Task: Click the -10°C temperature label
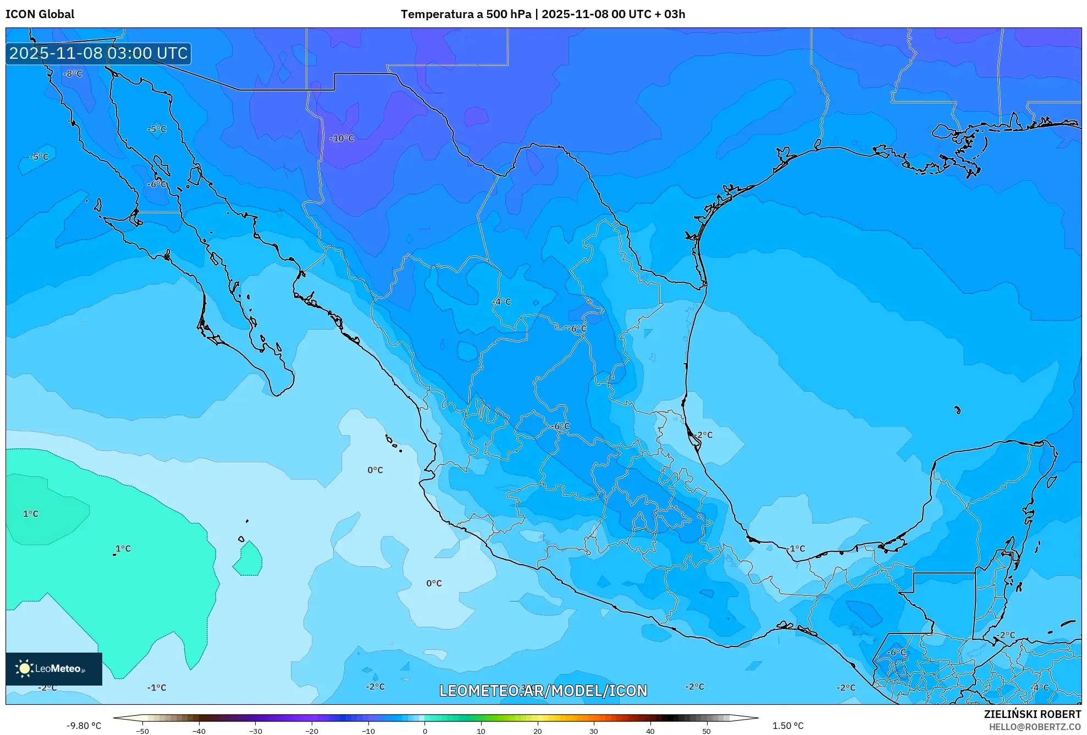(x=342, y=138)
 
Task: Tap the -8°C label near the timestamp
(x=73, y=74)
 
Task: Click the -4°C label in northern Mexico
(x=502, y=302)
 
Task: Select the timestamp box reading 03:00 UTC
(x=99, y=53)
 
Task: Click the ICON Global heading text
(x=40, y=14)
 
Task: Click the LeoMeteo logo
(x=54, y=669)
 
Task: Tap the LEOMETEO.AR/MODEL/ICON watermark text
(x=543, y=691)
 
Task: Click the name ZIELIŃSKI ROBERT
(x=1032, y=714)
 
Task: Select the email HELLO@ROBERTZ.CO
(x=1035, y=727)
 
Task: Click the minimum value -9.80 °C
(x=84, y=726)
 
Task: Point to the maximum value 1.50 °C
(x=787, y=726)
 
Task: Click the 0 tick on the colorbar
(x=424, y=731)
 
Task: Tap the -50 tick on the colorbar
(x=142, y=731)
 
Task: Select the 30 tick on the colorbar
(x=594, y=731)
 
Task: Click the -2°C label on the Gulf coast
(x=703, y=435)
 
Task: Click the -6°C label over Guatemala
(x=896, y=652)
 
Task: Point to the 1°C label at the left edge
(x=31, y=514)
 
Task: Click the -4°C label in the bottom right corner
(x=1040, y=687)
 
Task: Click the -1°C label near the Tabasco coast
(x=796, y=548)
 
